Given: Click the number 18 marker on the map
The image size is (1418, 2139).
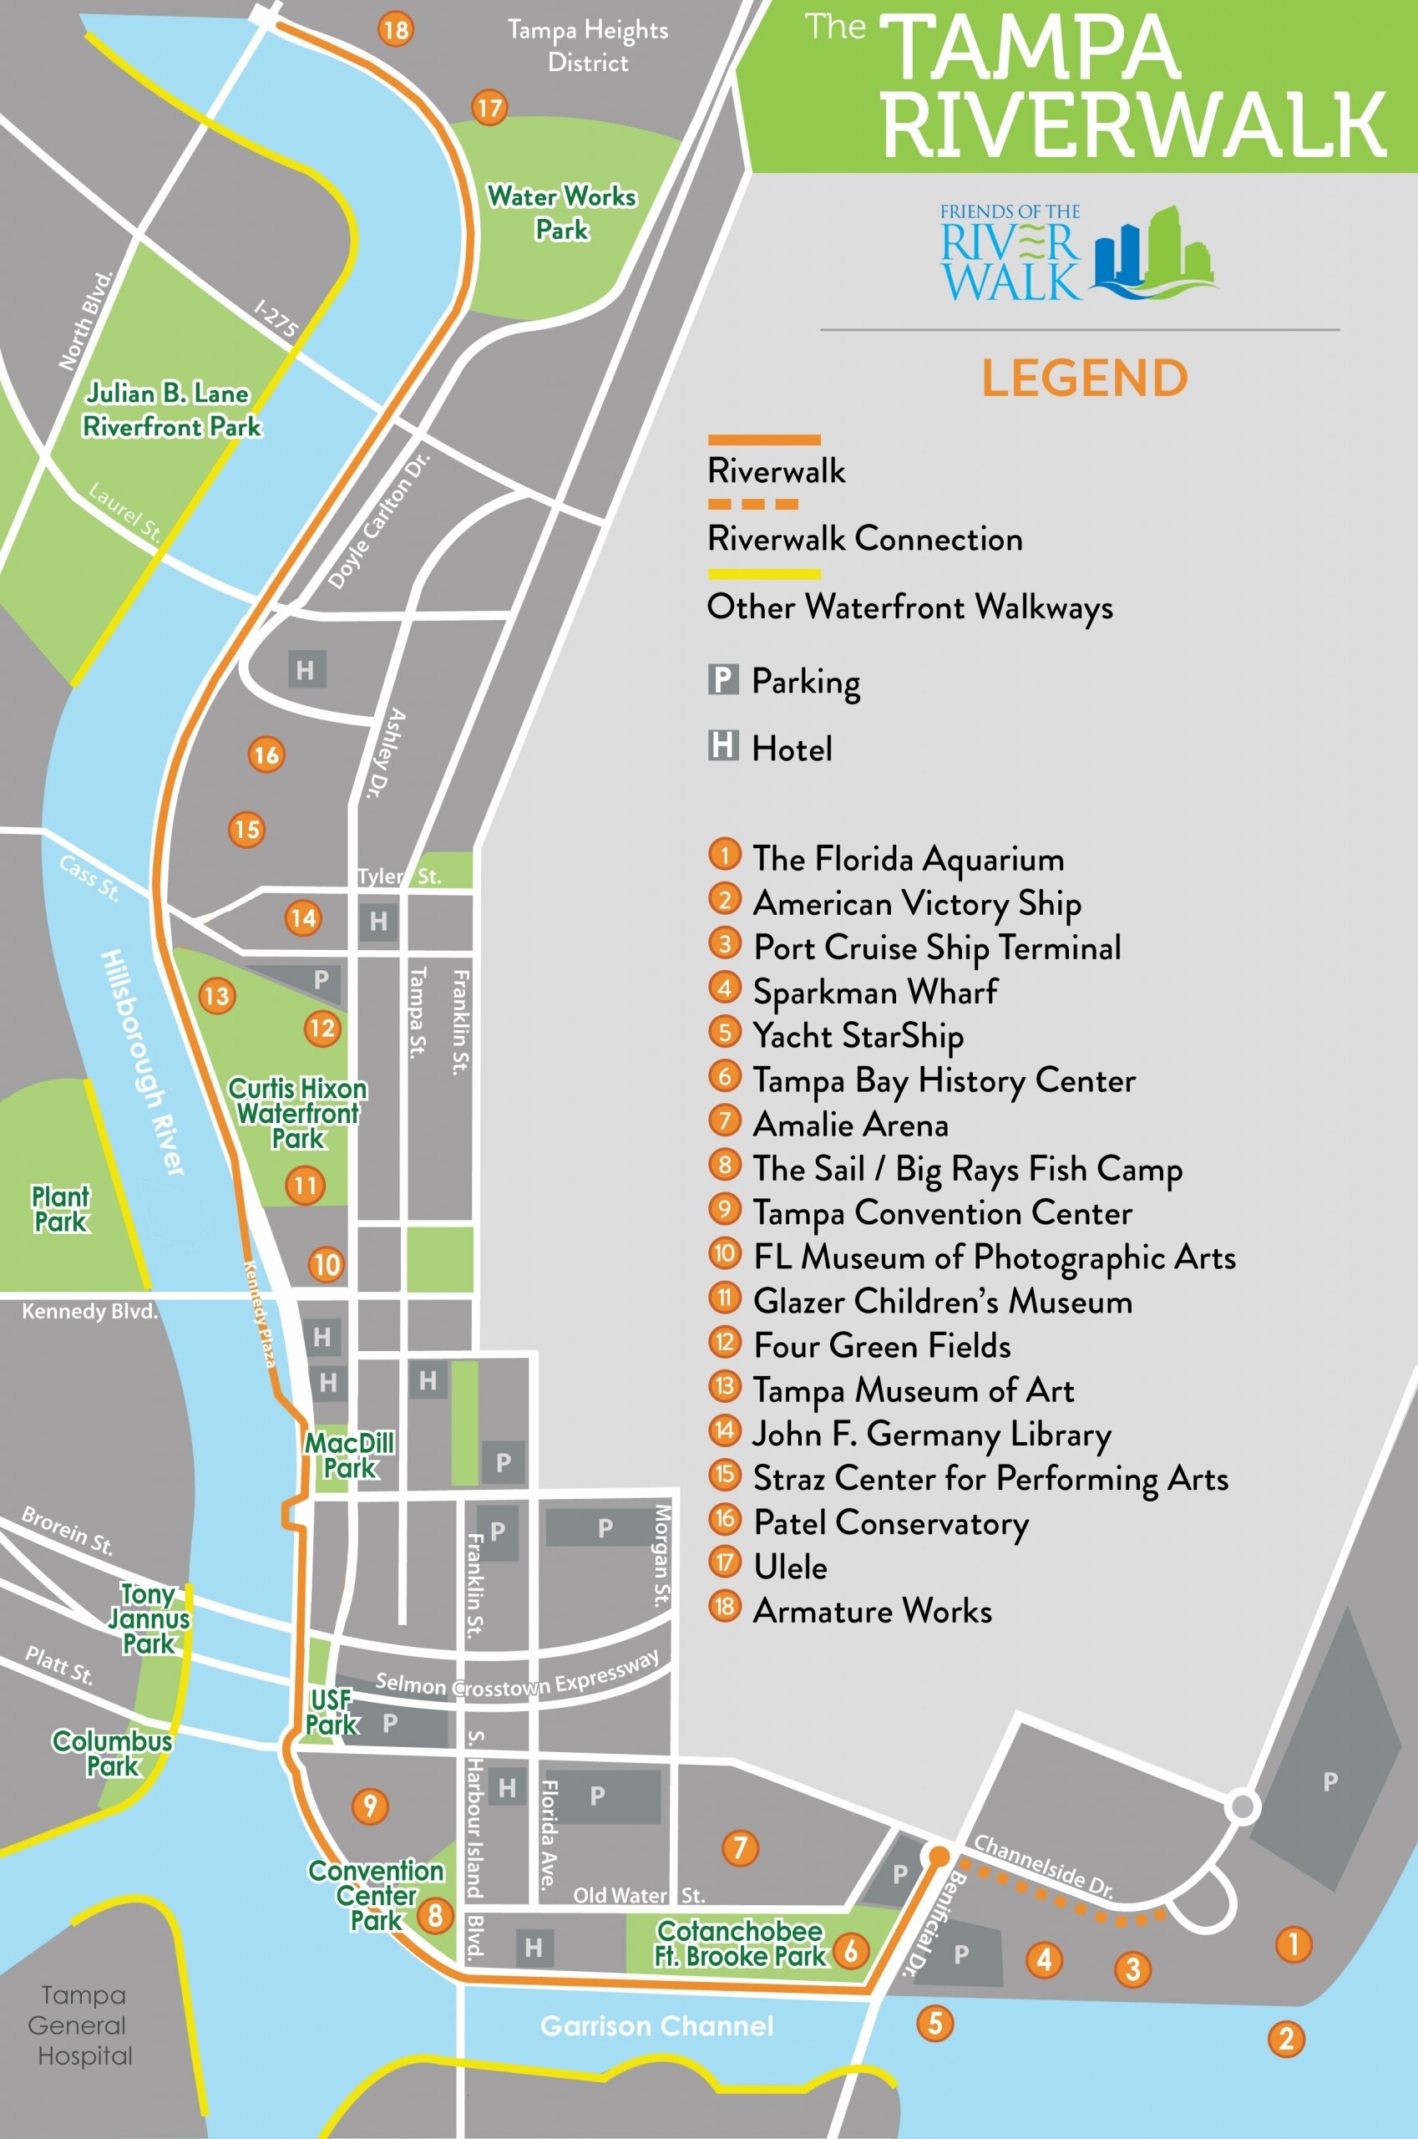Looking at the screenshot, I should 395,30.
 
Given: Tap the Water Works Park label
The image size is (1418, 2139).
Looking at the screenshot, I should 561,212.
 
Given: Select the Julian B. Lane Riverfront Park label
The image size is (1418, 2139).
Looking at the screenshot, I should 171,410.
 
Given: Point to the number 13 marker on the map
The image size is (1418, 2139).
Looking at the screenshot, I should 217,996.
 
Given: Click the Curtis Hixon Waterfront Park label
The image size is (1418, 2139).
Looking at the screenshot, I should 297,1113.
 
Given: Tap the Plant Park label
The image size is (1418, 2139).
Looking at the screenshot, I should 61,1210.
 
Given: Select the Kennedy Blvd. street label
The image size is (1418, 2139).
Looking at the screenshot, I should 89,1311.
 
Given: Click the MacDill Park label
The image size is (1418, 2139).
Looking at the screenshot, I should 350,1455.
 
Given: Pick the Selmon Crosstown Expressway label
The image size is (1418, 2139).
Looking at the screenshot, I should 516,1677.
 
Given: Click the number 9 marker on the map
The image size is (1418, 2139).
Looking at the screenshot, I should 370,1806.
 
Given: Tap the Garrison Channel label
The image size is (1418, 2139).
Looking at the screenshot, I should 656,2026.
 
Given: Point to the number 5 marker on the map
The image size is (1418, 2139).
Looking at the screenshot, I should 935,2023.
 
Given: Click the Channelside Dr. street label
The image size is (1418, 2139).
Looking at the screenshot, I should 1043,1866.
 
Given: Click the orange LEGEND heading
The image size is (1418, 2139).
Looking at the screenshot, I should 1084,379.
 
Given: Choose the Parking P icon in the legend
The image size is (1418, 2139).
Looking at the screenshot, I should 722,678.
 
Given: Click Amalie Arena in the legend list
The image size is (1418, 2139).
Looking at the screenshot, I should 850,1124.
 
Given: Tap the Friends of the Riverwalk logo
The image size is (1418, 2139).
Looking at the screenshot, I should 1076,252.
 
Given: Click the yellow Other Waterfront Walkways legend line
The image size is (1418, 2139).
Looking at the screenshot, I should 764,574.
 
